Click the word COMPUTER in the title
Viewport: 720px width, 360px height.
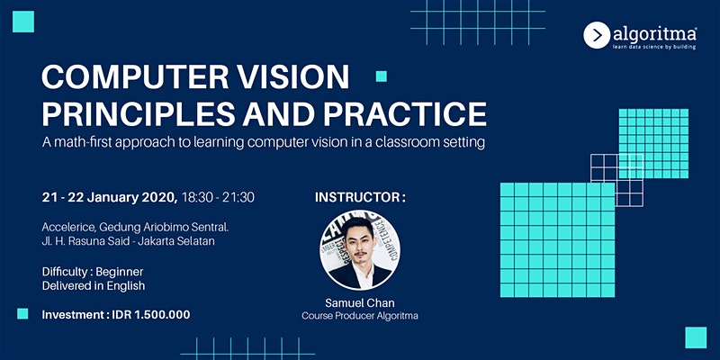coord(136,76)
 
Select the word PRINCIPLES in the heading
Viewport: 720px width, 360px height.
coord(139,114)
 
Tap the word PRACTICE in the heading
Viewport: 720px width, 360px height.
coord(405,114)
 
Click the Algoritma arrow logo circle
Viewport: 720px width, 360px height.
coord(597,35)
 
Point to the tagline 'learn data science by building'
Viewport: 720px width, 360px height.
coord(654,47)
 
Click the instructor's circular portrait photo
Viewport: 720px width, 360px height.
coord(359,250)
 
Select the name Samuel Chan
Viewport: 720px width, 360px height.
coord(359,303)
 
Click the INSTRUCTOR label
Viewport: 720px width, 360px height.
coord(360,197)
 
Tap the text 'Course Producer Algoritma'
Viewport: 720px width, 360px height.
coord(359,316)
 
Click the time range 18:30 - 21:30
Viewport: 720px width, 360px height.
coord(218,197)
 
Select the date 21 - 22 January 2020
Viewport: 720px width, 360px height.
coord(110,197)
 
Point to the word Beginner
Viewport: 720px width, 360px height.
coord(120,272)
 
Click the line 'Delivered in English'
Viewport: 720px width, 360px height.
coord(94,285)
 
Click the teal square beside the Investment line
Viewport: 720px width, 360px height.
coord(22,313)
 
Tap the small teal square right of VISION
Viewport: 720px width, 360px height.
coord(381,76)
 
